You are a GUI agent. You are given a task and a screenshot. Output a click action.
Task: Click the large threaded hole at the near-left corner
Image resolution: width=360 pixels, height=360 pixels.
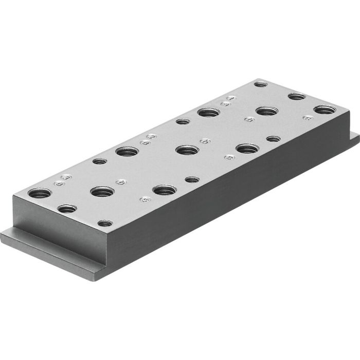pos(40,193)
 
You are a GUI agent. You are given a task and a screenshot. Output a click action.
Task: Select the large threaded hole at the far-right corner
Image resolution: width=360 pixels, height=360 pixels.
pos(325,110)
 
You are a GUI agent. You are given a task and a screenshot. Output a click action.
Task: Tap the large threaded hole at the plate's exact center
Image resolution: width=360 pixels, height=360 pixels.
pos(187,150)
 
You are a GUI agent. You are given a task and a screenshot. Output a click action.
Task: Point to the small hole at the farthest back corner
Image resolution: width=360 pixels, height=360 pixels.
pos(261,84)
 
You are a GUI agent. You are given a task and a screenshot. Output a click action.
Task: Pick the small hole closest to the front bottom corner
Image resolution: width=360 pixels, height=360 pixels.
pos(105,223)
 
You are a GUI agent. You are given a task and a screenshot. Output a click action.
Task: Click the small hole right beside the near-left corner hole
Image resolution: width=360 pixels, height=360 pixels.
pos(67,209)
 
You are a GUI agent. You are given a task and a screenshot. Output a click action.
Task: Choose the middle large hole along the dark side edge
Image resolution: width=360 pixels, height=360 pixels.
pos(247,149)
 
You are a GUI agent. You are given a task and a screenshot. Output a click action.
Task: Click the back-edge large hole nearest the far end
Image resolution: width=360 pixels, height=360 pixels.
pos(208,112)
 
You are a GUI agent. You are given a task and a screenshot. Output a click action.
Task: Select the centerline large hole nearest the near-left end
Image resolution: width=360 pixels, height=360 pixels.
pos(102,191)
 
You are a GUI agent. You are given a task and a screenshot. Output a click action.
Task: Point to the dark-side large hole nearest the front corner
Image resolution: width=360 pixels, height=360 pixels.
pos(165,190)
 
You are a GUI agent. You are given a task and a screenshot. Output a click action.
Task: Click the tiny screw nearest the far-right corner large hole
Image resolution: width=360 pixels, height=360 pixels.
pos(308,118)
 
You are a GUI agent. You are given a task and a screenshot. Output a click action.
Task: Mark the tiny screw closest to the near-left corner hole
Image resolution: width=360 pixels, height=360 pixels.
pos(60,183)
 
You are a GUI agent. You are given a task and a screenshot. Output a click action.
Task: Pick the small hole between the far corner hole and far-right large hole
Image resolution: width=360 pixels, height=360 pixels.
pos(297,96)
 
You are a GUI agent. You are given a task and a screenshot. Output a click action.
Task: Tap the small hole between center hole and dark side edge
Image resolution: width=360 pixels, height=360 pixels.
pos(192,179)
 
